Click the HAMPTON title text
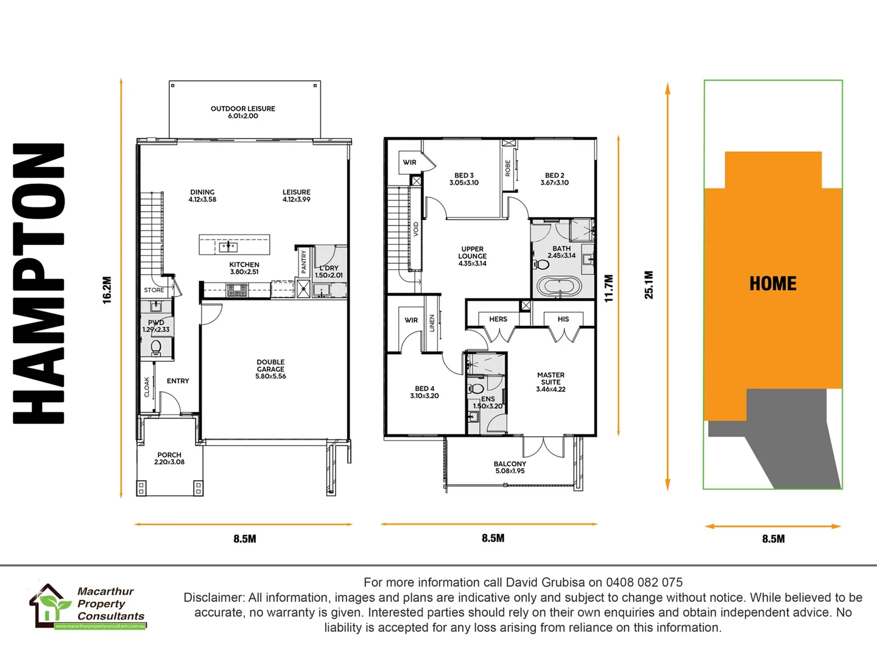(39, 283)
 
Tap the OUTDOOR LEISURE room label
(243, 112)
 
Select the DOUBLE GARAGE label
(270, 369)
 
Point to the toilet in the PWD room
(156, 347)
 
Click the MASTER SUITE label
(551, 382)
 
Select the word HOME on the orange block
(773, 284)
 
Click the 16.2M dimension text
(107, 290)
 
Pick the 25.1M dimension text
(649, 285)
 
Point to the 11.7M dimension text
(608, 288)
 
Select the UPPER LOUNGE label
(473, 256)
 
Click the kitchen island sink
(228, 246)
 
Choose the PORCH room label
(169, 458)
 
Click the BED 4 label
(424, 392)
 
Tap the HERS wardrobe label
(498, 319)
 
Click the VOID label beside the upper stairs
(416, 229)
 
